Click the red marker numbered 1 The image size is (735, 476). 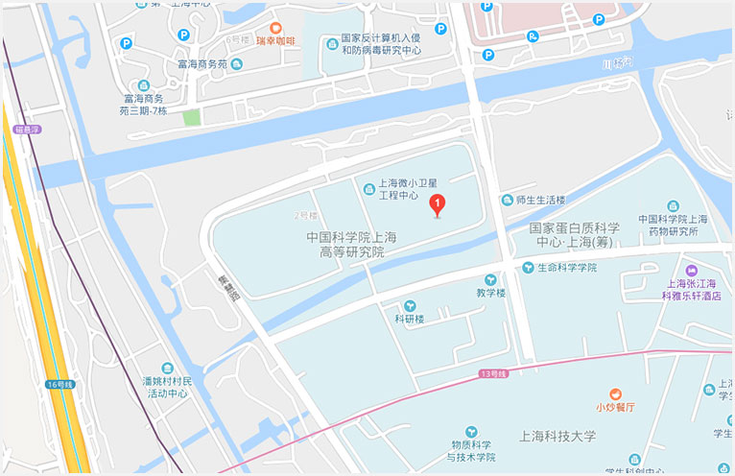(x=438, y=203)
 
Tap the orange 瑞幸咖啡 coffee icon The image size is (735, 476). (x=275, y=28)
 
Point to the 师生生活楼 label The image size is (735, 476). (x=540, y=200)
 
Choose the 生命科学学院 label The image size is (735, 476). (x=566, y=267)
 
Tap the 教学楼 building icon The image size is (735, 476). (x=489, y=280)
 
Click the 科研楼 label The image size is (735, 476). (x=410, y=318)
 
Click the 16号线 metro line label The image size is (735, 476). (x=58, y=384)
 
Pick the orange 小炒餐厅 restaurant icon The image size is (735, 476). (x=615, y=393)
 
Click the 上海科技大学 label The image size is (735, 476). (x=557, y=436)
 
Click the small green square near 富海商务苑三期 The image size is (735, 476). (x=192, y=118)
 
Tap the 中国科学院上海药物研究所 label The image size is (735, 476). (x=674, y=226)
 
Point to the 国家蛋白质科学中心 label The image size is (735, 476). (x=574, y=234)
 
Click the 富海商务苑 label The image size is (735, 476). (x=202, y=64)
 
